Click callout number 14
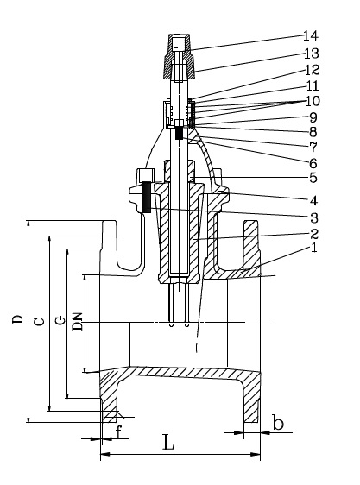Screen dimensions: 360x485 [x=310, y=36]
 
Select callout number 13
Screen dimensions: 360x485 [x=312, y=54]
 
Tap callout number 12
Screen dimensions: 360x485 [x=312, y=70]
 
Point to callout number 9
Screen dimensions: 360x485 [x=313, y=117]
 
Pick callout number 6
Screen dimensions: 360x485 [x=313, y=163]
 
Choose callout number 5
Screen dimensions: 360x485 [x=313, y=178]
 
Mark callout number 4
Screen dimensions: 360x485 [x=313, y=201]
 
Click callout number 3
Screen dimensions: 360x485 [x=314, y=217]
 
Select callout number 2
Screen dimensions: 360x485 [x=314, y=234]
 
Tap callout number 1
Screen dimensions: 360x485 [x=314, y=248]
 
